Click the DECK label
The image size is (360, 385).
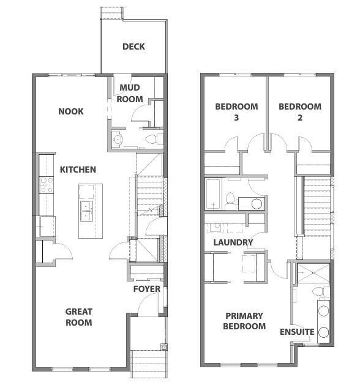coord(133,47)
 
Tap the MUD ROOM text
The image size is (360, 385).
coord(130,94)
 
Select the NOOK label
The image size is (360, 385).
coord(70,111)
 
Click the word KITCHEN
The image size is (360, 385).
coord(78,170)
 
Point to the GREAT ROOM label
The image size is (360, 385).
coord(79,317)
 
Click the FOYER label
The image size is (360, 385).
coord(146,289)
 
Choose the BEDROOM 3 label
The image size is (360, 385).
coord(236,111)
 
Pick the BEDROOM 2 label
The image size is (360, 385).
coord(299,111)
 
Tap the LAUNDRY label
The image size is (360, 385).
coord(233,242)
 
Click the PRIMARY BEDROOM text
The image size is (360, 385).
coord(245,321)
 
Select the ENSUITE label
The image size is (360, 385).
coord(297,332)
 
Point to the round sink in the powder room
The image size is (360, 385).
coord(118,140)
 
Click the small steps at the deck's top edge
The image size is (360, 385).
coord(112,12)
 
